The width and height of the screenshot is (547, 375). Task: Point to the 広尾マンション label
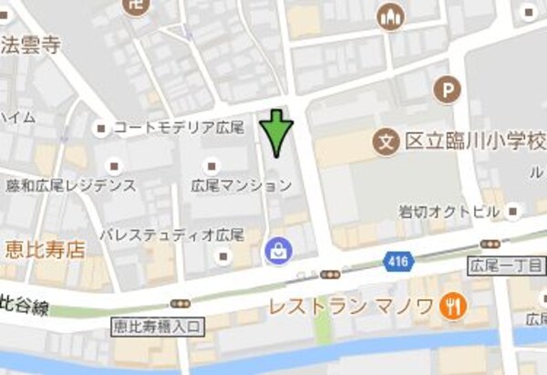pos(242,185)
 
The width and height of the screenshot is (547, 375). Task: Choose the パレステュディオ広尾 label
pos(172,234)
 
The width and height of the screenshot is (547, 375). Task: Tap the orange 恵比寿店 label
pos(45,247)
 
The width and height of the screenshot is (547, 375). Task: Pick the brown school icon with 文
pos(387,142)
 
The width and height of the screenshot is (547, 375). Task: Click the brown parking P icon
pos(447,89)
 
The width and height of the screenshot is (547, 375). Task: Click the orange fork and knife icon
pos(449,307)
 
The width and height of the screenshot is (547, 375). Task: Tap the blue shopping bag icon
pos(274,249)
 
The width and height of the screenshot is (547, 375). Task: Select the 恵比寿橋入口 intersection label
pos(160,324)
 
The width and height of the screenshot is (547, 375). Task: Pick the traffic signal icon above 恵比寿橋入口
pos(181,303)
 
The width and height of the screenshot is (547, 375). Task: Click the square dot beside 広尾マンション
pos(212,166)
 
